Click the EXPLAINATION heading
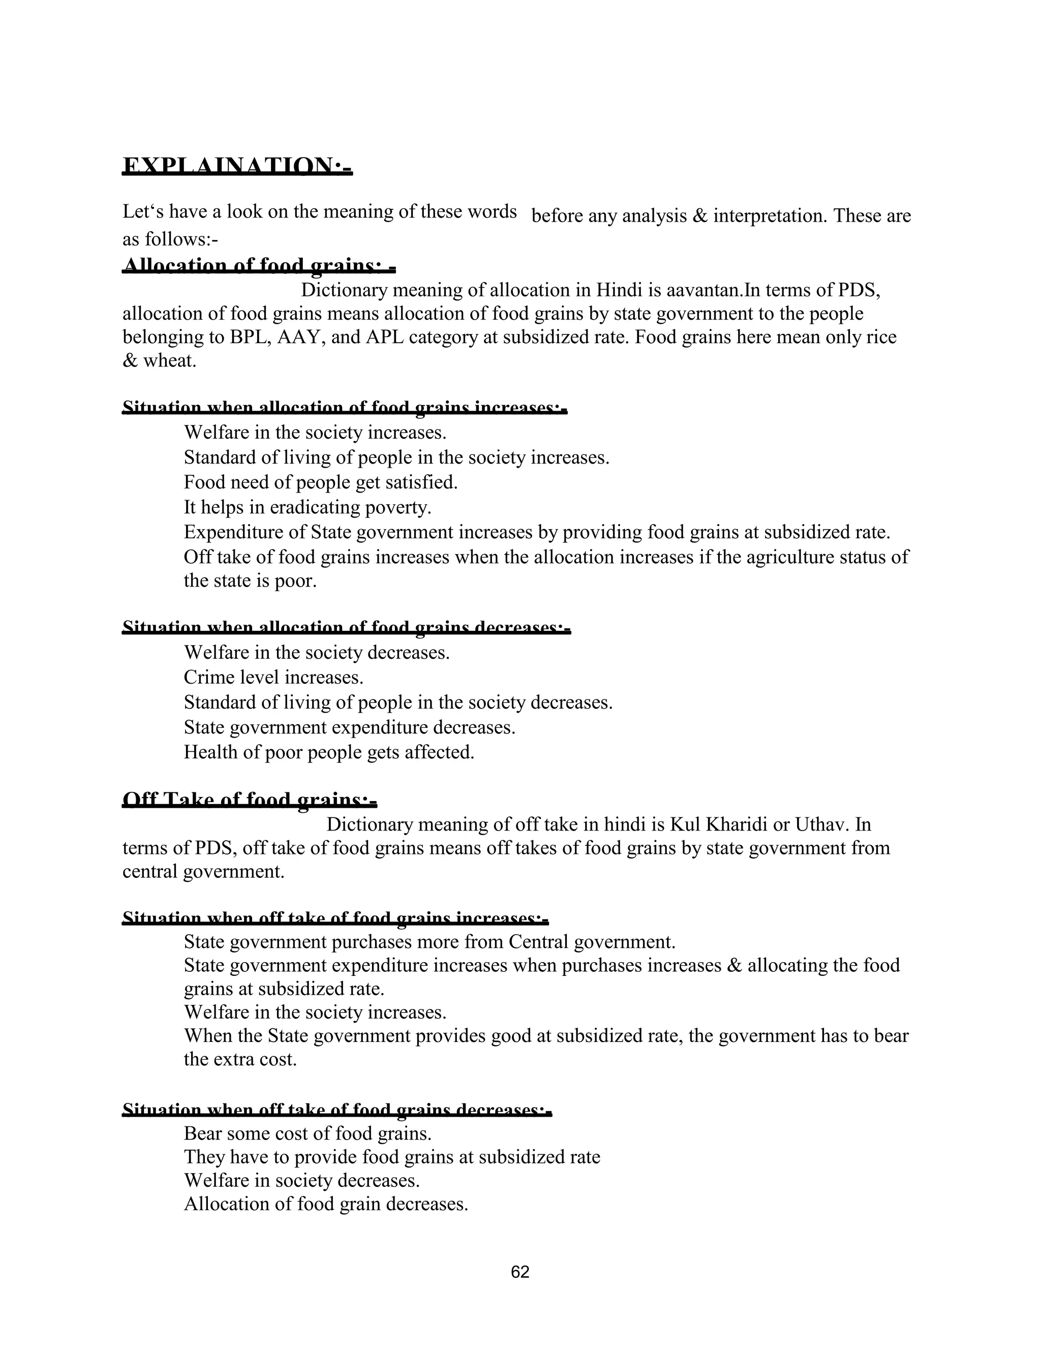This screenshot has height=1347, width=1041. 237,167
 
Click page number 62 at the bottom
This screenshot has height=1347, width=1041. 520,1271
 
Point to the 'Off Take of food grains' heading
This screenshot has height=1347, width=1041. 249,801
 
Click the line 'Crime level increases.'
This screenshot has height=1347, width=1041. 273,677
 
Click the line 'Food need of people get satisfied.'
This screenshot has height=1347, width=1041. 321,482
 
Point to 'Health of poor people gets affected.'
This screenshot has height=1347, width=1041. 329,752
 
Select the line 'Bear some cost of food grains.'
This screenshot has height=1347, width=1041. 307,1133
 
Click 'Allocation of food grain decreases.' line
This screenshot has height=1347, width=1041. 326,1203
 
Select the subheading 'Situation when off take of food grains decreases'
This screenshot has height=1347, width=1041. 336,1111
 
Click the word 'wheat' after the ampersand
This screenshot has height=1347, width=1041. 169,360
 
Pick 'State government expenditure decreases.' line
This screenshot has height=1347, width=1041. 349,727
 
